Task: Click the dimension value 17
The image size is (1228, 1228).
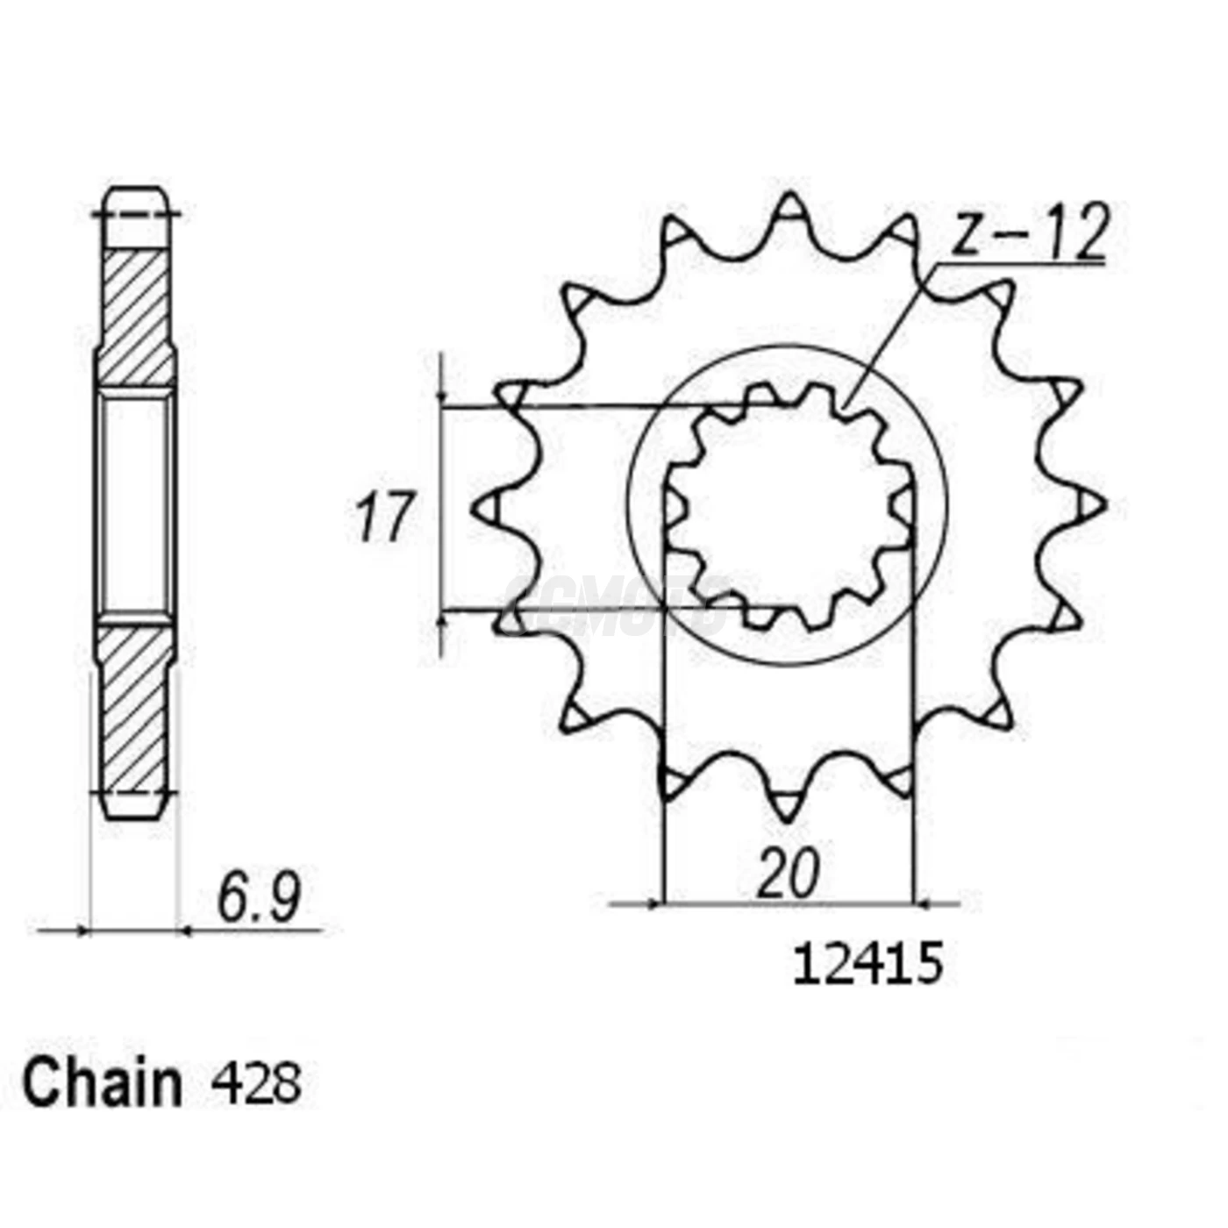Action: coord(383,518)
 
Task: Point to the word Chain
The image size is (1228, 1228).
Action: coord(102,1083)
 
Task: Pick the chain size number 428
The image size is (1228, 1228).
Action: coord(256,1083)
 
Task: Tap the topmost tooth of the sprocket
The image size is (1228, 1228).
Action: coord(789,208)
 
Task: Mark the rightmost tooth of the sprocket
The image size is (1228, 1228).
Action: coord(1091,506)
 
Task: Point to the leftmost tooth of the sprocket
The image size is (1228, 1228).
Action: coord(486,507)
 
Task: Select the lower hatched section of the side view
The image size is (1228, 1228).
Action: coord(135,706)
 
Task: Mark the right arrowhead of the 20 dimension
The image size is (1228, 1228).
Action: coord(923,902)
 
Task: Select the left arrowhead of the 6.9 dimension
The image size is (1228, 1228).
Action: coord(83,930)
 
